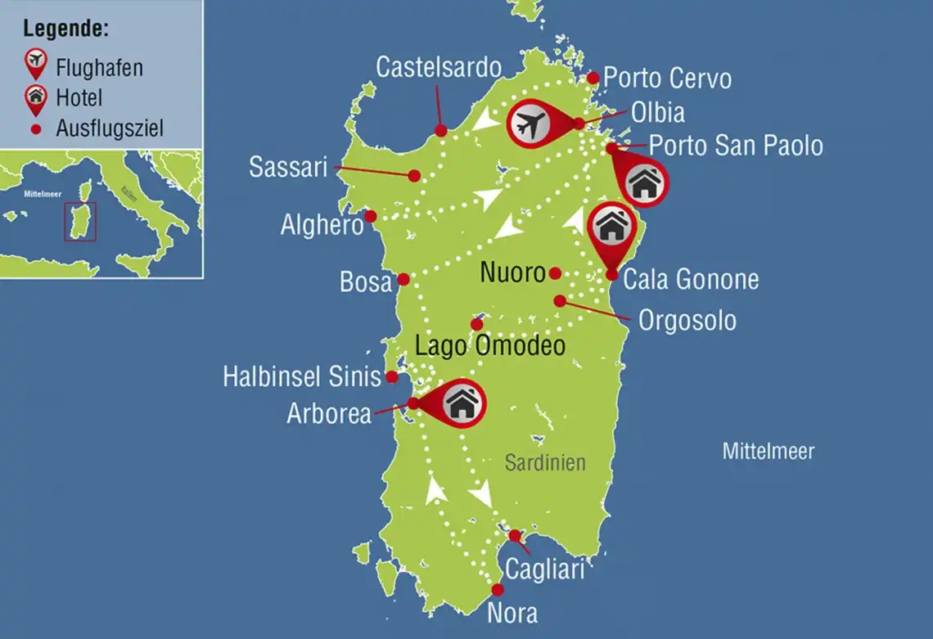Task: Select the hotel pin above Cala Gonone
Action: tap(611, 227)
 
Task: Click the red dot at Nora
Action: tap(497, 590)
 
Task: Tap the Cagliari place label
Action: tap(544, 569)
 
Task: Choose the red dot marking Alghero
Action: tap(371, 216)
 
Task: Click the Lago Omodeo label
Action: tap(490, 346)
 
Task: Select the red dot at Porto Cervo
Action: tap(593, 78)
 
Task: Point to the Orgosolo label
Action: tap(687, 320)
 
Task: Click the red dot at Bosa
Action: tap(403, 279)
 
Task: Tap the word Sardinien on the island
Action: tap(545, 462)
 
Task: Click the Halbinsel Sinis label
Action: tap(302, 377)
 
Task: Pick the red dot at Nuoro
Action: tap(555, 272)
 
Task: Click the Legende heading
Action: tap(66, 29)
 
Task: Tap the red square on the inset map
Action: tap(80, 221)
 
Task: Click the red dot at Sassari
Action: tap(415, 175)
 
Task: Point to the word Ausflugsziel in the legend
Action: tap(110, 128)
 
